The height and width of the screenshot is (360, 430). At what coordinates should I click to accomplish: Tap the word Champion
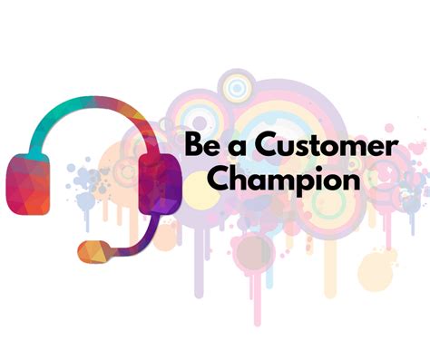(x=284, y=179)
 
